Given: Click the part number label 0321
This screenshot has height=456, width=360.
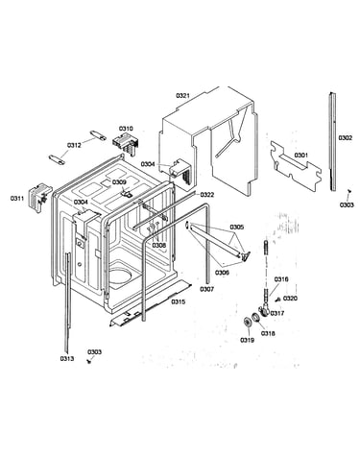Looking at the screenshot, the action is tap(182, 95).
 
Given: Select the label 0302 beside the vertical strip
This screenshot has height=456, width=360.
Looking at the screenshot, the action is tap(346, 138).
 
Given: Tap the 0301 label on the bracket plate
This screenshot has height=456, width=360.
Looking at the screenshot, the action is tap(300, 156).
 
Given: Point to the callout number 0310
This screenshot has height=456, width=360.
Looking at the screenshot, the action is tap(126, 129).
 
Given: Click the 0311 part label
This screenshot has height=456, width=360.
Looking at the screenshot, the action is tap(17, 199).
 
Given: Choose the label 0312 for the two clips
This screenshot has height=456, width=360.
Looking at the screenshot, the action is tap(74, 145).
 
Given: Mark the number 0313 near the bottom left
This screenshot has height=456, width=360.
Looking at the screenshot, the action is tap(67, 359).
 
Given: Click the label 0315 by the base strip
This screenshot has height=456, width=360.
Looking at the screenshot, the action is tap(178, 301).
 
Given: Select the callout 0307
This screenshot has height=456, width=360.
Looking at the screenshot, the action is tap(207, 289).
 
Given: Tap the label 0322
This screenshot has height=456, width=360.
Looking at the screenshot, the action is tap(207, 195).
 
